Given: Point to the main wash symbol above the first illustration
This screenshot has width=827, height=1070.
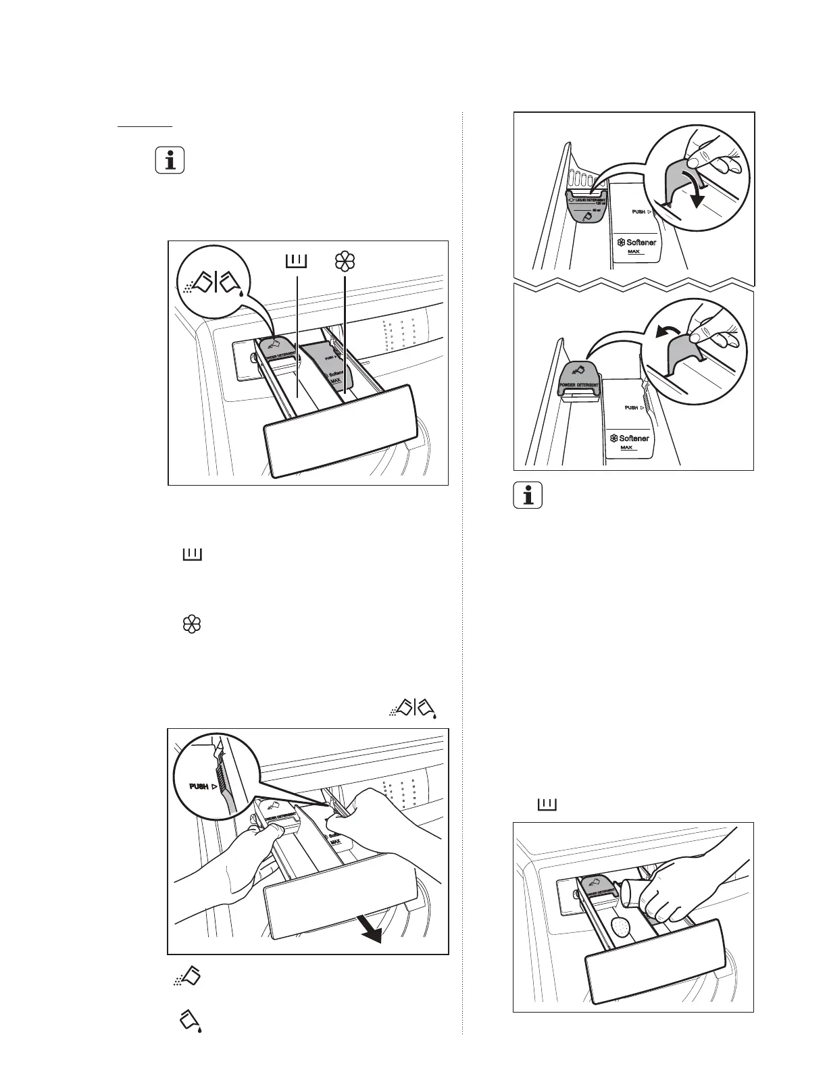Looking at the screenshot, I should tap(297, 261).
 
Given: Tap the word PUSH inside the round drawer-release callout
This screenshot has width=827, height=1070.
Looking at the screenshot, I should tap(199, 787).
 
